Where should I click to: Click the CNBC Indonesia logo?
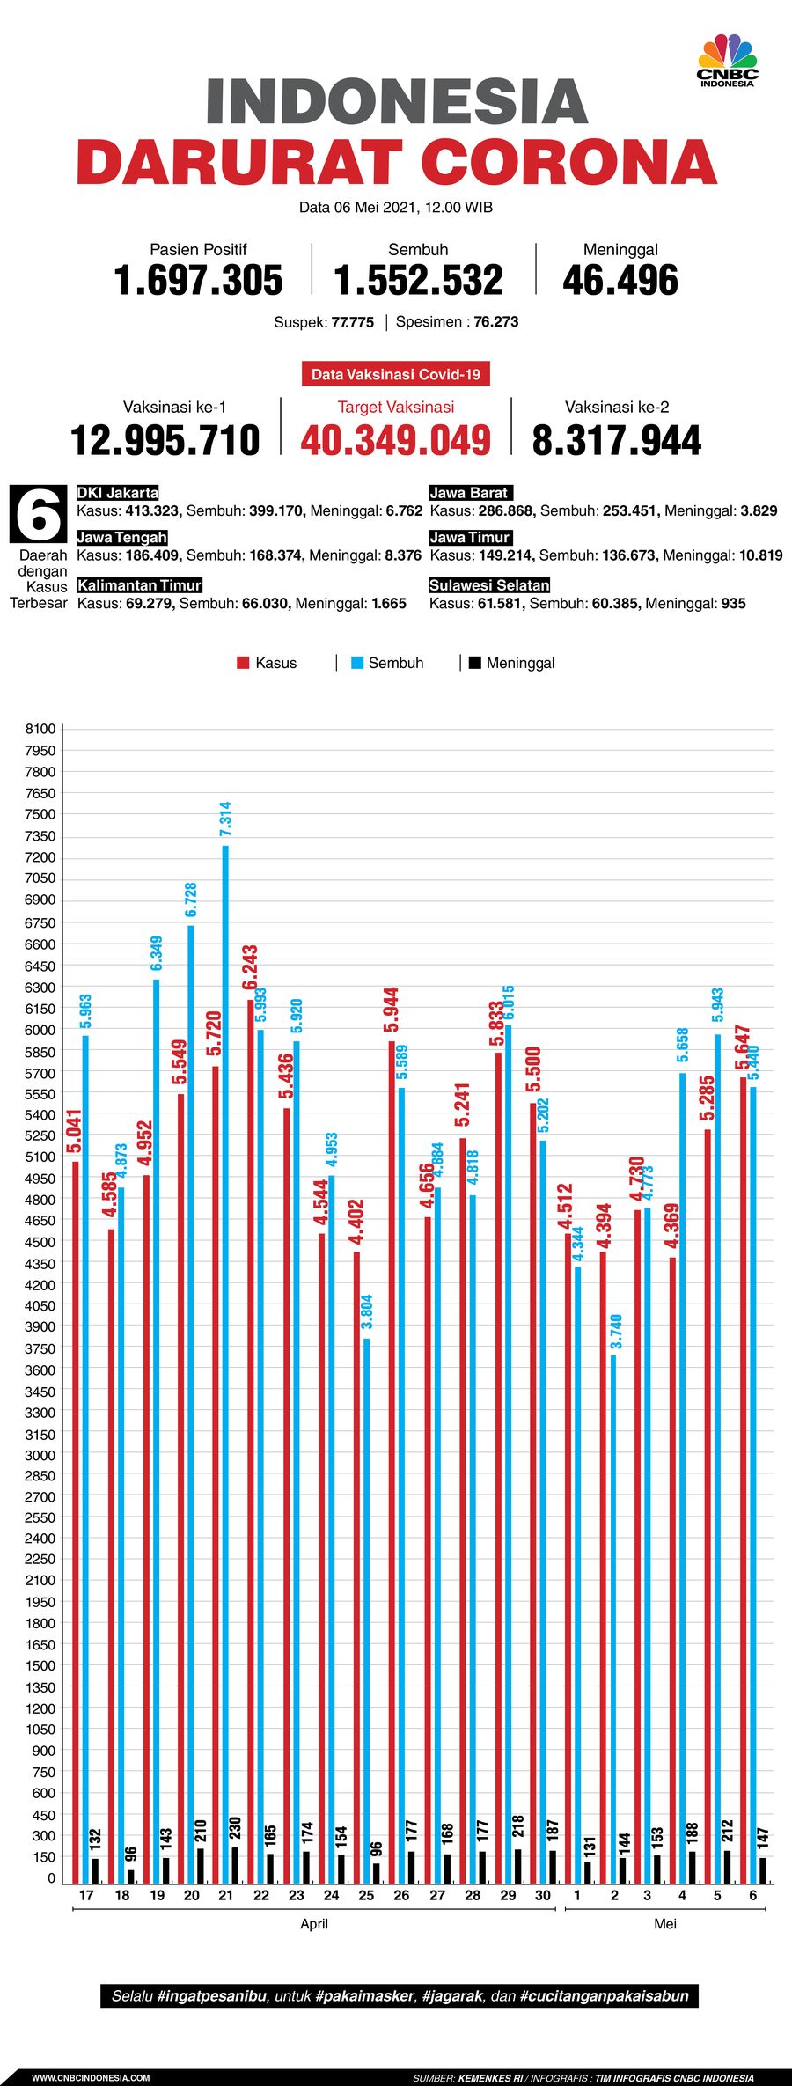(727, 61)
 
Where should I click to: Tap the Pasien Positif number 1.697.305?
(198, 281)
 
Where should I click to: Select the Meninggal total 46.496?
(620, 281)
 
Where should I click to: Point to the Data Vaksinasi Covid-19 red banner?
(395, 374)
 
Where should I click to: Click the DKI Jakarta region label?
(118, 493)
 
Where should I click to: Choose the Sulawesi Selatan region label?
(489, 585)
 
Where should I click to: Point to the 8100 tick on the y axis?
(40, 729)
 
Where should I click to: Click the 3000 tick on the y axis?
(40, 1455)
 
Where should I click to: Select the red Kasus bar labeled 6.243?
(251, 1408)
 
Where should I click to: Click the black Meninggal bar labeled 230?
(235, 1866)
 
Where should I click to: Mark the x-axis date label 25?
(366, 1895)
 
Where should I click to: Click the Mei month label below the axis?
(665, 1924)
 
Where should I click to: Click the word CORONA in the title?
(568, 162)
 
